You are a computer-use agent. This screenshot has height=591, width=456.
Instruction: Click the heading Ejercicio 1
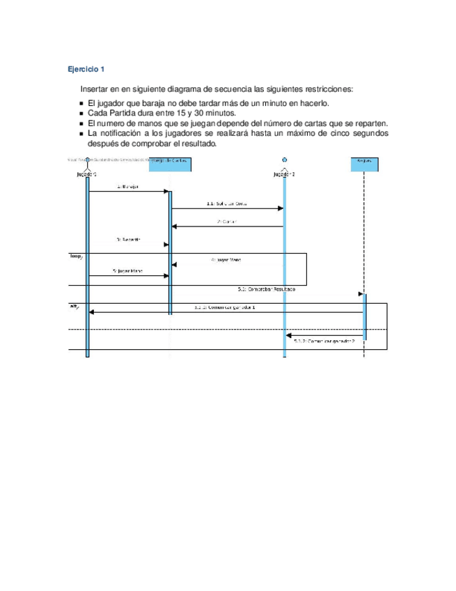click(x=86, y=69)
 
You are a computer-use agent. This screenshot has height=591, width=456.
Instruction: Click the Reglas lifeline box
click(x=363, y=164)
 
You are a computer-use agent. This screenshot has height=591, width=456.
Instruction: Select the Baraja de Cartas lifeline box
click(x=170, y=164)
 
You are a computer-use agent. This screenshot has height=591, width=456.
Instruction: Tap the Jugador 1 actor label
click(x=87, y=174)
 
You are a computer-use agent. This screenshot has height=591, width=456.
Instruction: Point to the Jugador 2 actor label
click(x=284, y=174)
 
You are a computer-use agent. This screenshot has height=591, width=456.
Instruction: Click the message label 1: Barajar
click(x=128, y=186)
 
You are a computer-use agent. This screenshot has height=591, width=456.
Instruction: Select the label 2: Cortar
click(x=228, y=222)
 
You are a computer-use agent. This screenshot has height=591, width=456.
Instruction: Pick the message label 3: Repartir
click(x=128, y=239)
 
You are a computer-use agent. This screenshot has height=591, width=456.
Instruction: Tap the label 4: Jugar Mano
click(x=226, y=259)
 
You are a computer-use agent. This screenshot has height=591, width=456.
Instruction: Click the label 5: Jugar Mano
click(x=127, y=270)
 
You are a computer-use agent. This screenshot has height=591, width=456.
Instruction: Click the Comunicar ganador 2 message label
click(x=324, y=341)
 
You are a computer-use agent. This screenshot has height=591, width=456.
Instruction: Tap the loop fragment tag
click(x=75, y=256)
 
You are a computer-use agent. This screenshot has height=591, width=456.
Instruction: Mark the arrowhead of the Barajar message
click(x=166, y=191)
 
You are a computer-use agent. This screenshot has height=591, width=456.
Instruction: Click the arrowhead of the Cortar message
click(x=175, y=227)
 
